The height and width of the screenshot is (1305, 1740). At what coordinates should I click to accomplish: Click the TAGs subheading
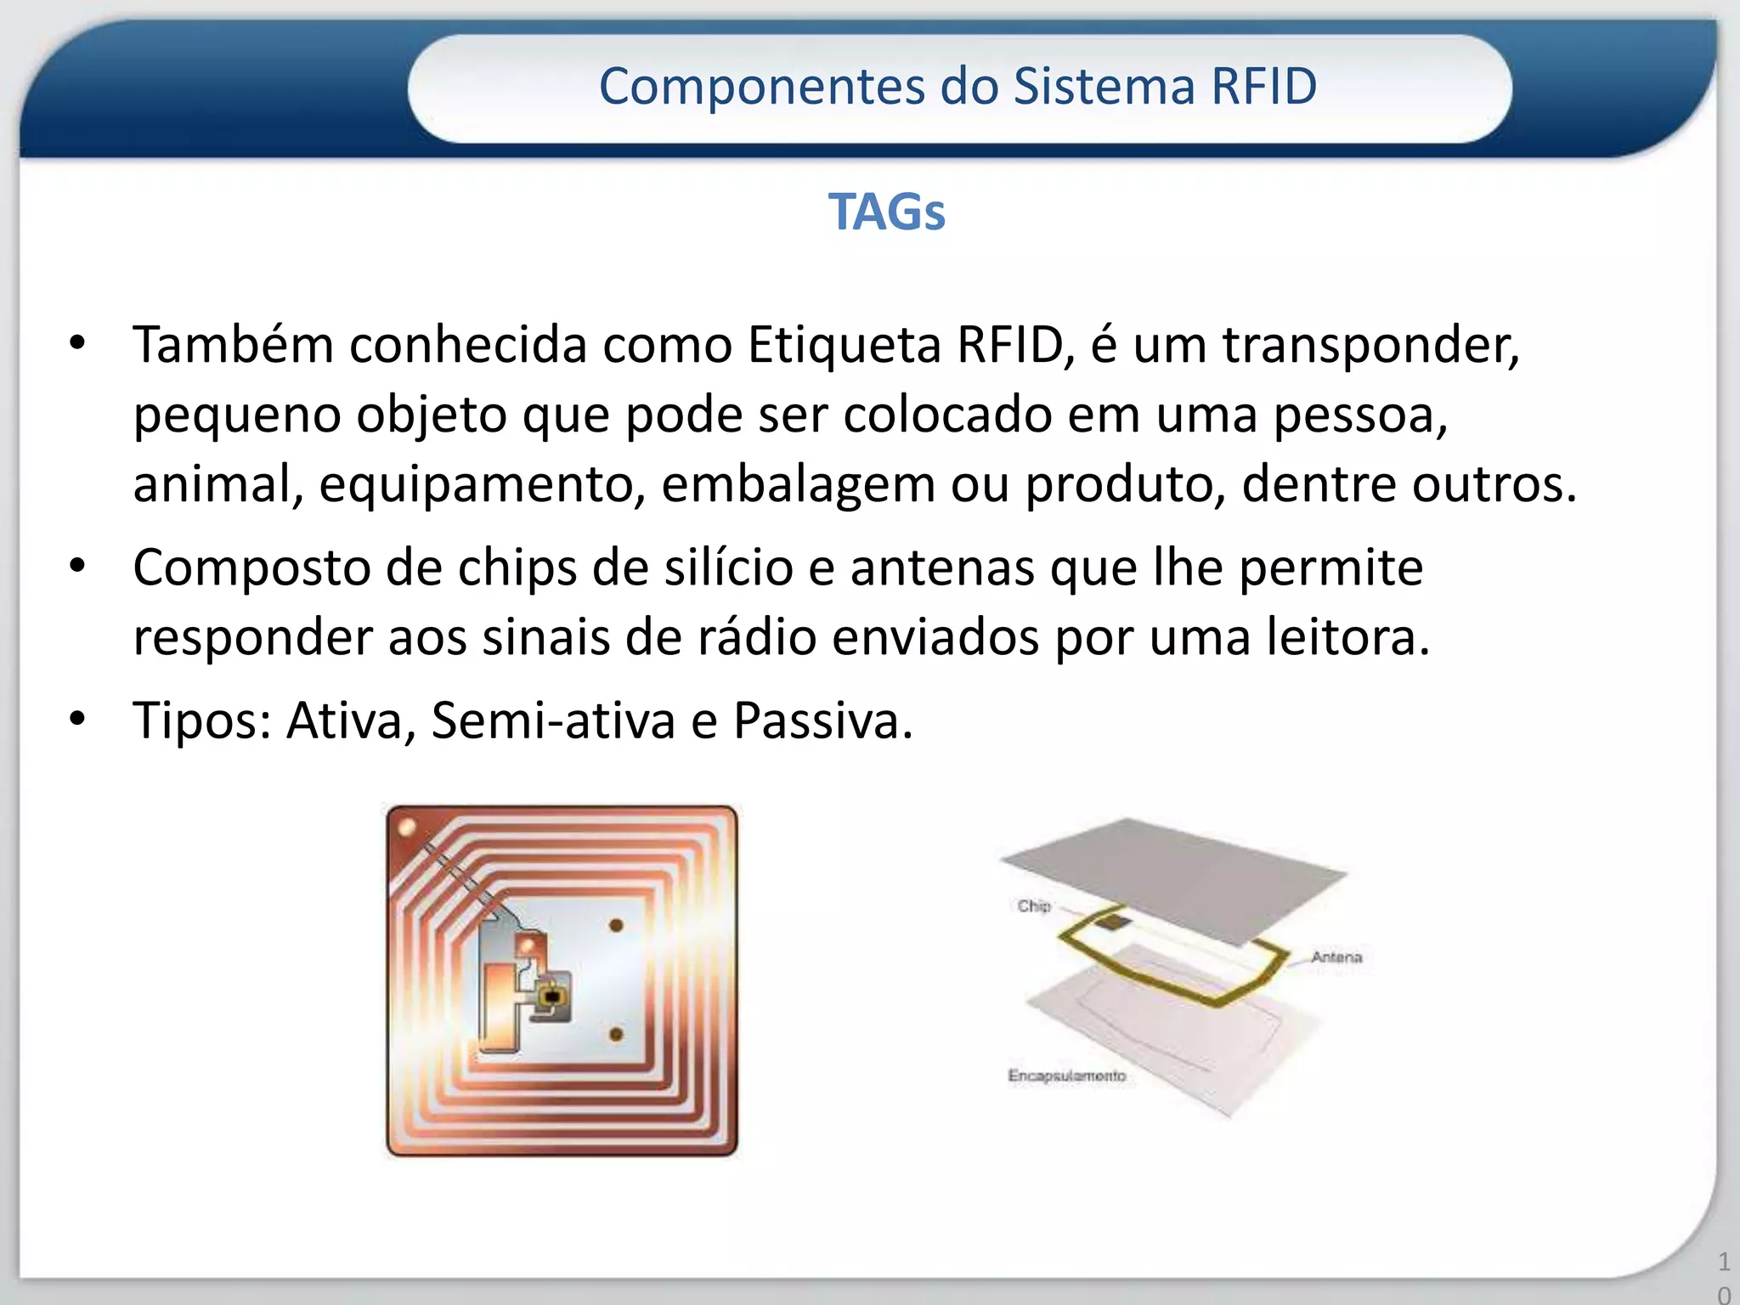coord(886,212)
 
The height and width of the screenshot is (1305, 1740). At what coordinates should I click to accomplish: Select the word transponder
coord(1370,346)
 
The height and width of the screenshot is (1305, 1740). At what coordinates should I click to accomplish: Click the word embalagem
coord(798,486)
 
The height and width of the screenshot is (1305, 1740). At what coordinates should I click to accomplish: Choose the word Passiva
coord(822,720)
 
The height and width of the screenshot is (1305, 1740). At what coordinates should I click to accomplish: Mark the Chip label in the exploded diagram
coord(1034,906)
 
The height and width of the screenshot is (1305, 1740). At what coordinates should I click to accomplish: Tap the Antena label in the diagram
coord(1336,957)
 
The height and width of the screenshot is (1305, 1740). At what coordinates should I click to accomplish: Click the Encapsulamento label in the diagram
coord(1066,1076)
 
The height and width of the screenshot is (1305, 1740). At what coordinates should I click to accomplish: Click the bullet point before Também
coord(78,344)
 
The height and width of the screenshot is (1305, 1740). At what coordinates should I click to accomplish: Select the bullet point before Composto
coord(78,567)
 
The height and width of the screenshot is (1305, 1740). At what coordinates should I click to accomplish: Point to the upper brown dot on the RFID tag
coord(616,925)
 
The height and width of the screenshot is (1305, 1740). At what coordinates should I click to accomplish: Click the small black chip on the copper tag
coord(551,994)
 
